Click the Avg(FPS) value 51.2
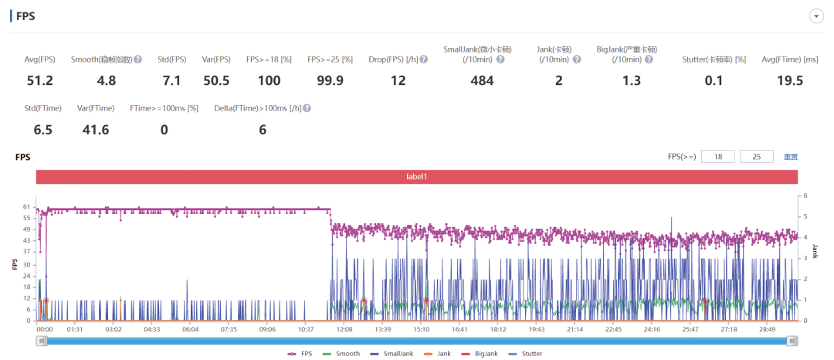[40, 81]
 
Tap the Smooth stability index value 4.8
[107, 81]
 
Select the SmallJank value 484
[482, 81]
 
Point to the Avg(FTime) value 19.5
[789, 81]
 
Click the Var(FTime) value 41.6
[97, 130]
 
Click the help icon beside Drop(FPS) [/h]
[424, 59]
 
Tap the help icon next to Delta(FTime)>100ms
[307, 108]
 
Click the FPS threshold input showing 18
[718, 157]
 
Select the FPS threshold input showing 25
[757, 157]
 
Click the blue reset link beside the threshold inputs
[791, 157]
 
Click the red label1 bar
[417, 177]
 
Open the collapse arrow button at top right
[816, 16]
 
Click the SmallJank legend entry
[387, 353]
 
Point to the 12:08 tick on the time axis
[344, 330]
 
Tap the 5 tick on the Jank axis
[805, 216]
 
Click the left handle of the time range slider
[42, 341]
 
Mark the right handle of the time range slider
[792, 341]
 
